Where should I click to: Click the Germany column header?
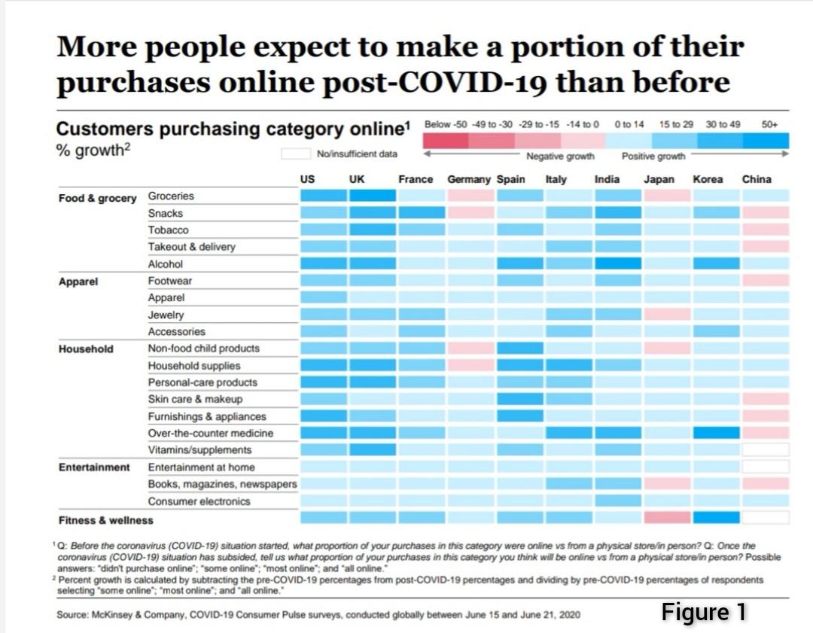click(468, 180)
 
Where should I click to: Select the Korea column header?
click(708, 180)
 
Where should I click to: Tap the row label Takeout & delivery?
click(191, 247)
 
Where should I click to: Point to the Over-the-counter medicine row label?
click(210, 434)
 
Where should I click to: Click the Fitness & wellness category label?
click(105, 520)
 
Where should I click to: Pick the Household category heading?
click(86, 349)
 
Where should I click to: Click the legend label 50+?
click(769, 124)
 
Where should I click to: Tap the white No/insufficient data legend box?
click(295, 154)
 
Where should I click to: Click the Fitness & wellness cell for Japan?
click(667, 518)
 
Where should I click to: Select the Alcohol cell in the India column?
click(618, 263)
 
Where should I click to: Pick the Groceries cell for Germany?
click(470, 196)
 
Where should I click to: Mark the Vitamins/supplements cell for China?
click(766, 449)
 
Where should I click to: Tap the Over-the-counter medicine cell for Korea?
click(716, 433)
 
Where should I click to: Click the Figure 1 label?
click(704, 612)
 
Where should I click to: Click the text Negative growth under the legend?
click(560, 157)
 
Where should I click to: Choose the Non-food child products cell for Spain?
click(519, 348)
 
